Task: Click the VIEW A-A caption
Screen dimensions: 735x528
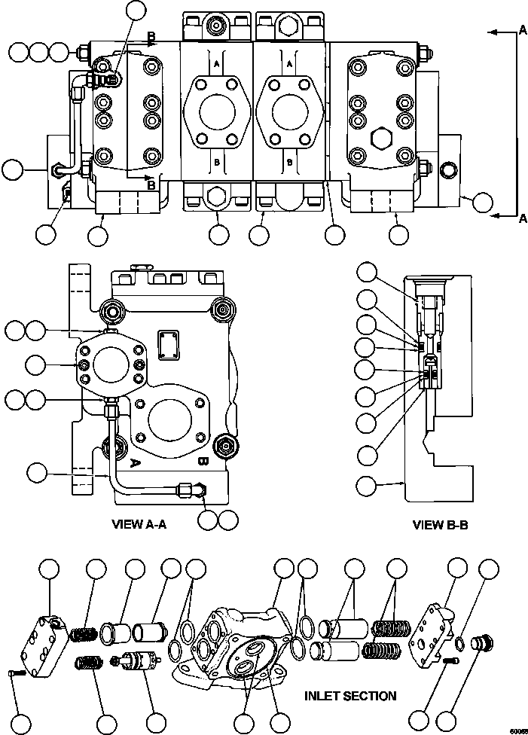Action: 139,525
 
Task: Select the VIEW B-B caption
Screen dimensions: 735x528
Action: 441,525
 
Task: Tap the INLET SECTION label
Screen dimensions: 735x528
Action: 350,696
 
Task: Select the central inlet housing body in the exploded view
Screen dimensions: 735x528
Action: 233,640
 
